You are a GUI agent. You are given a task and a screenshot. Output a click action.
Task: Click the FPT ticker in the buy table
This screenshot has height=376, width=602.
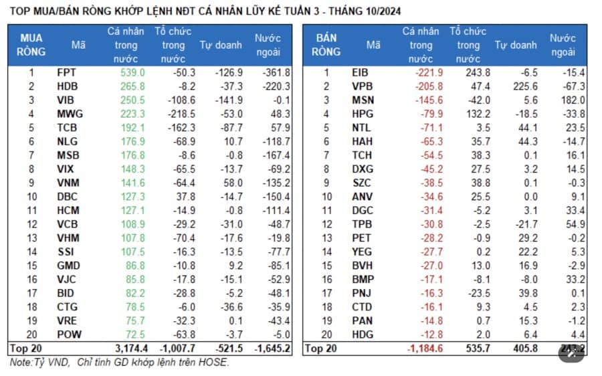tap(66, 72)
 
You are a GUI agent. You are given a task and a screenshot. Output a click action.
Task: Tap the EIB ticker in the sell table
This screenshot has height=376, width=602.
tap(360, 72)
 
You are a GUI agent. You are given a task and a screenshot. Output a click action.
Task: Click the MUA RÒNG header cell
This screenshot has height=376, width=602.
tap(31, 45)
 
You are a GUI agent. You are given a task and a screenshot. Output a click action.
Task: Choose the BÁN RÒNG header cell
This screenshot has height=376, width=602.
tap(326, 45)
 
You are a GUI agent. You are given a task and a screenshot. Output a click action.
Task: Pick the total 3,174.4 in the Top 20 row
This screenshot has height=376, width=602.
tap(126, 349)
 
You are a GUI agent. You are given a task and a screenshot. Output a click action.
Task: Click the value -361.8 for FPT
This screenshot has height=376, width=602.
tap(276, 72)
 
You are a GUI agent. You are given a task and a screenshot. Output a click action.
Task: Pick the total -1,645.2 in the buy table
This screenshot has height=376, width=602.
tap(271, 349)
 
